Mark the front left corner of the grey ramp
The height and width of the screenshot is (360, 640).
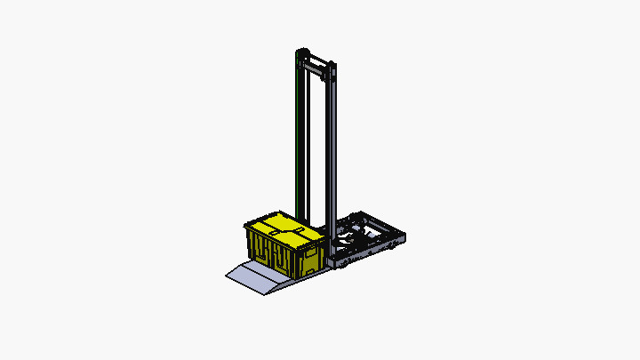pos(228,276)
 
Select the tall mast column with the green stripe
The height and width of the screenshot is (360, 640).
pos(295,133)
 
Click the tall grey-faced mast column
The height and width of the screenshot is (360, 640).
pos(332,151)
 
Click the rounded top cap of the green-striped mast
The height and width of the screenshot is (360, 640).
pos(300,51)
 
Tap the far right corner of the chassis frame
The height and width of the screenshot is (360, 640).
pos(404,235)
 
